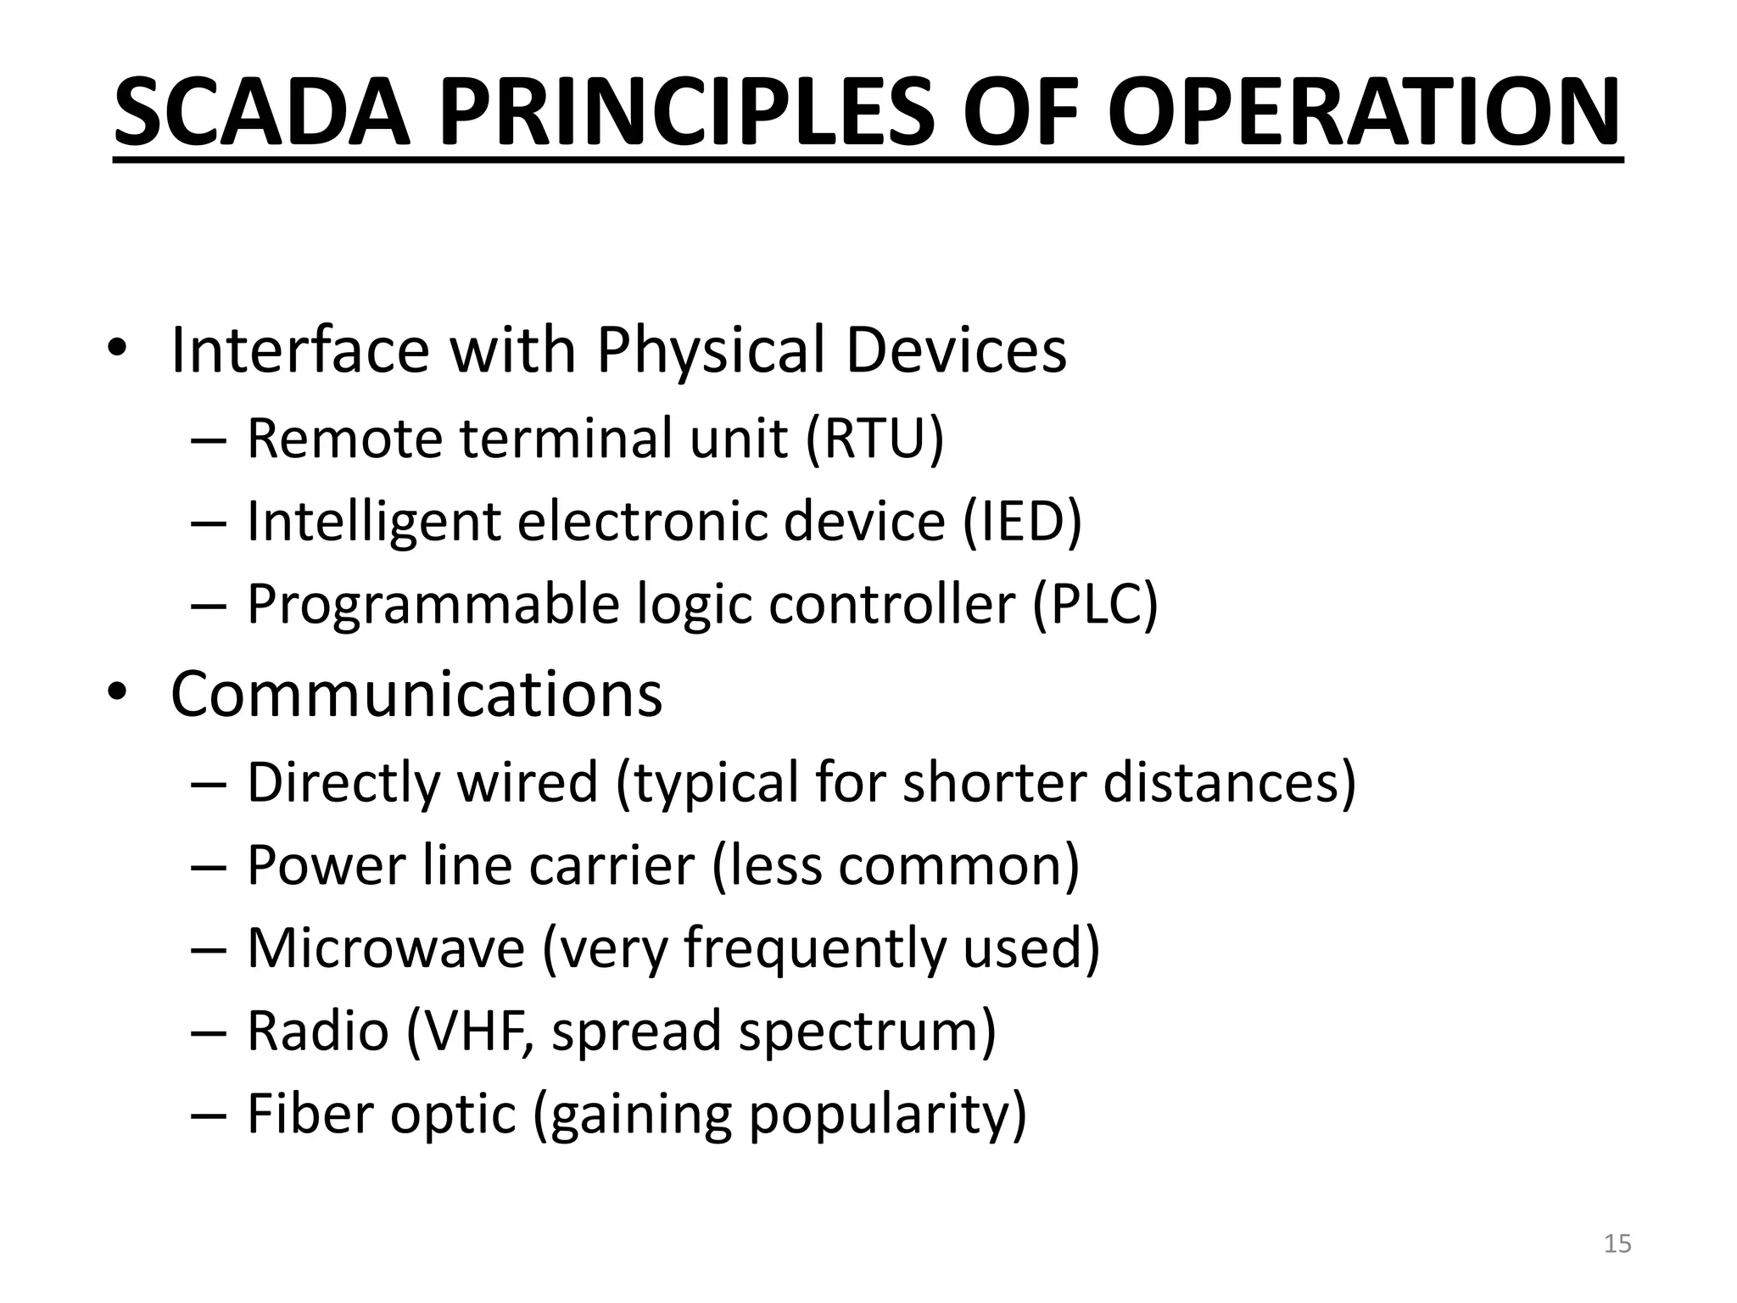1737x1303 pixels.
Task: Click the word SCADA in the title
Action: point(261,112)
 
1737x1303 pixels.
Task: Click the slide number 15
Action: point(1617,1244)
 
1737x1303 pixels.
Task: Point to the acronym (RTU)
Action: point(874,439)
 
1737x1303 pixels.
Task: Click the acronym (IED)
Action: point(1022,521)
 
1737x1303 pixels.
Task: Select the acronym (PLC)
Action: point(1095,604)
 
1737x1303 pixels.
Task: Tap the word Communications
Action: point(416,694)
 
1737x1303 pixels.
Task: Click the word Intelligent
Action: point(373,521)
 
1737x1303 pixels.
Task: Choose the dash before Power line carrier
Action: point(209,865)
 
